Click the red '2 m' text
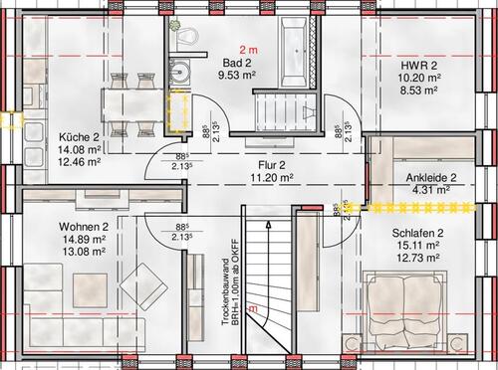(x=247, y=49)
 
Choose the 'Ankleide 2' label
(x=426, y=177)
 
